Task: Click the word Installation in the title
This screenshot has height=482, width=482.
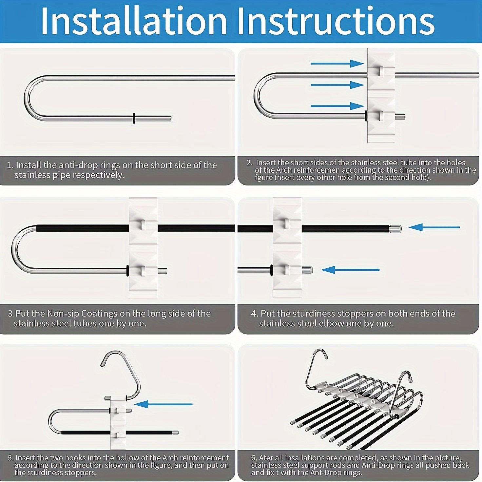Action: tap(134, 21)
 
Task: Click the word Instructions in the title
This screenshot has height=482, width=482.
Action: tap(337, 21)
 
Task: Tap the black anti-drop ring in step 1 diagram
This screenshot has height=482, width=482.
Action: tap(134, 118)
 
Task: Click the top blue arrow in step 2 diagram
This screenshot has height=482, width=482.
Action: tap(337, 64)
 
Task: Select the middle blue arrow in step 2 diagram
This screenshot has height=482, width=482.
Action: tap(337, 85)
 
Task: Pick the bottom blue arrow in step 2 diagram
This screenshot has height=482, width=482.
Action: tap(337, 106)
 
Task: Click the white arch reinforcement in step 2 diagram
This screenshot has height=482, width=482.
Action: tap(381, 95)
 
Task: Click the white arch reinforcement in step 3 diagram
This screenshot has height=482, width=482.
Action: tap(143, 248)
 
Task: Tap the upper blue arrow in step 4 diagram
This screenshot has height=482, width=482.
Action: tap(434, 227)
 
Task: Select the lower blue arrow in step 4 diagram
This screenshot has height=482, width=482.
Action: tap(350, 270)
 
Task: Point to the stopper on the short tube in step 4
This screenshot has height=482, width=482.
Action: tap(307, 270)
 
